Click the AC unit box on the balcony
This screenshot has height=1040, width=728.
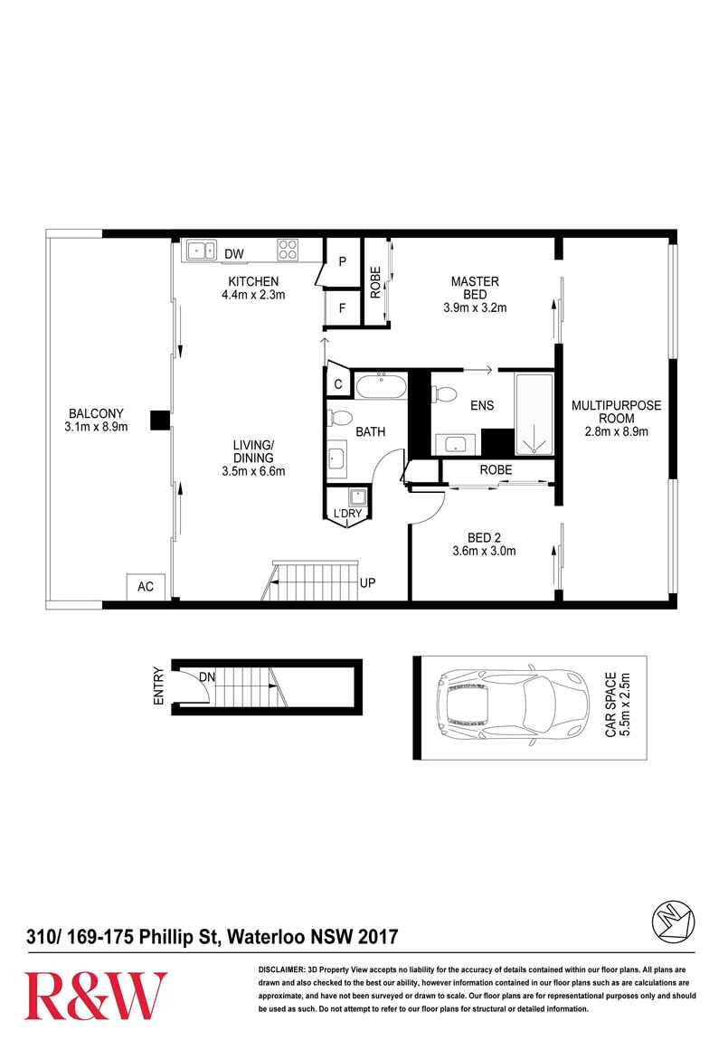(x=146, y=587)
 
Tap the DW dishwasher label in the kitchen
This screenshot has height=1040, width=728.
(x=233, y=253)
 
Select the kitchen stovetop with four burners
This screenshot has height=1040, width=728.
(x=288, y=250)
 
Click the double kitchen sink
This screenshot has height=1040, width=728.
(x=202, y=250)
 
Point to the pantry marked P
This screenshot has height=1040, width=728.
(x=342, y=262)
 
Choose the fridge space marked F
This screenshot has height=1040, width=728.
(x=342, y=308)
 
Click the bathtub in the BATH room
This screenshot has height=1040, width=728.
(x=381, y=386)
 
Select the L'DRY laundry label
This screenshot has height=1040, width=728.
(x=347, y=514)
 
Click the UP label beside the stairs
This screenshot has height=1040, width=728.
(x=367, y=583)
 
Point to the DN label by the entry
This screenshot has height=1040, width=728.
(x=207, y=677)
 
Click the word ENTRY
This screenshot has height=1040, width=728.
(x=158, y=685)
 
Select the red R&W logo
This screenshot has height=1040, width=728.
(x=96, y=996)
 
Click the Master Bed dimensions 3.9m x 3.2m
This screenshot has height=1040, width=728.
(x=475, y=307)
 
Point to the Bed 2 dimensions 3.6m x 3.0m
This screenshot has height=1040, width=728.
(x=483, y=551)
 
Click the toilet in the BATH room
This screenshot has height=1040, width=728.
(x=339, y=420)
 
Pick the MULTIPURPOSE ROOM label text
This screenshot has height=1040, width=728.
(x=617, y=411)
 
